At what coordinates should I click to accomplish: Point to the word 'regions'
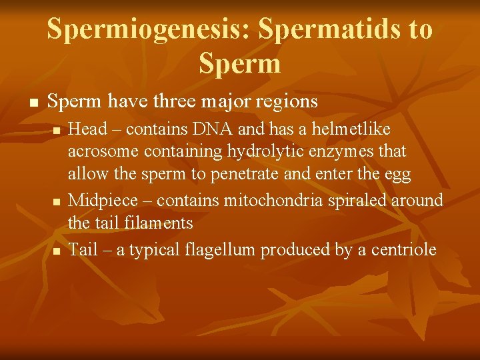pyautogui.click(x=285, y=102)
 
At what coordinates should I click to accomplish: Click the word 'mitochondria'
pyautogui.click(x=275, y=200)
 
